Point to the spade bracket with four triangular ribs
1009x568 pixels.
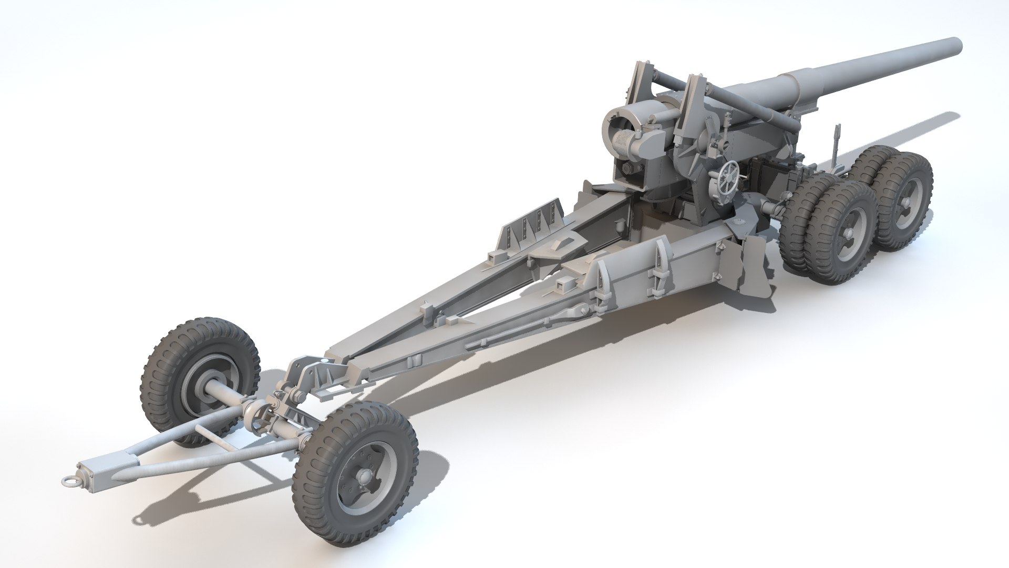pos(531,221)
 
